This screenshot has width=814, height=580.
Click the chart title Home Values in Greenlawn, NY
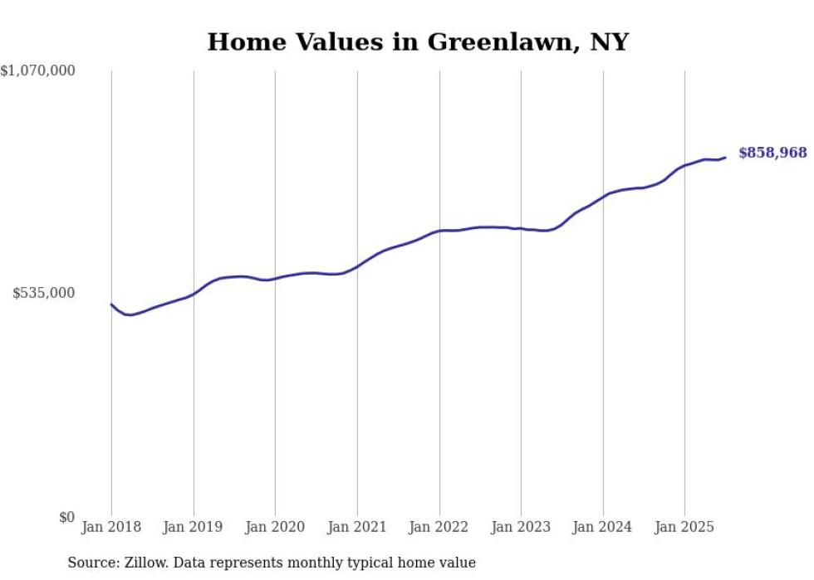pos(418,42)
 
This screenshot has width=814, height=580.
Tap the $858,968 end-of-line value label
pos(772,153)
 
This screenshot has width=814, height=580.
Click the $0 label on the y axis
pos(66,517)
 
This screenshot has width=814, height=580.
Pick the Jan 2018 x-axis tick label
pos(111,527)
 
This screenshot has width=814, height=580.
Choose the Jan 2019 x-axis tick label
pos(194,527)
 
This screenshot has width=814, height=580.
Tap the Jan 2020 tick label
pos(275,527)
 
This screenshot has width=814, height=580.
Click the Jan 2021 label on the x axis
pos(357,527)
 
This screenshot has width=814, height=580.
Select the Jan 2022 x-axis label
pos(439,527)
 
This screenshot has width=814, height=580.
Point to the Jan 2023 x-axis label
pos(521,527)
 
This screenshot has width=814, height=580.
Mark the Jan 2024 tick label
pos(603,527)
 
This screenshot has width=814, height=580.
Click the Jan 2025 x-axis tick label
pos(684,527)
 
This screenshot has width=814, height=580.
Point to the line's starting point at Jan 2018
pos(111,305)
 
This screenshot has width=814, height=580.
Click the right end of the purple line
pos(725,157)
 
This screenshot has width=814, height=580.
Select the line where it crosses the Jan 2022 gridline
pos(439,231)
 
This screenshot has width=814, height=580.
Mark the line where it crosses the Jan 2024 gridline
pos(603,196)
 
